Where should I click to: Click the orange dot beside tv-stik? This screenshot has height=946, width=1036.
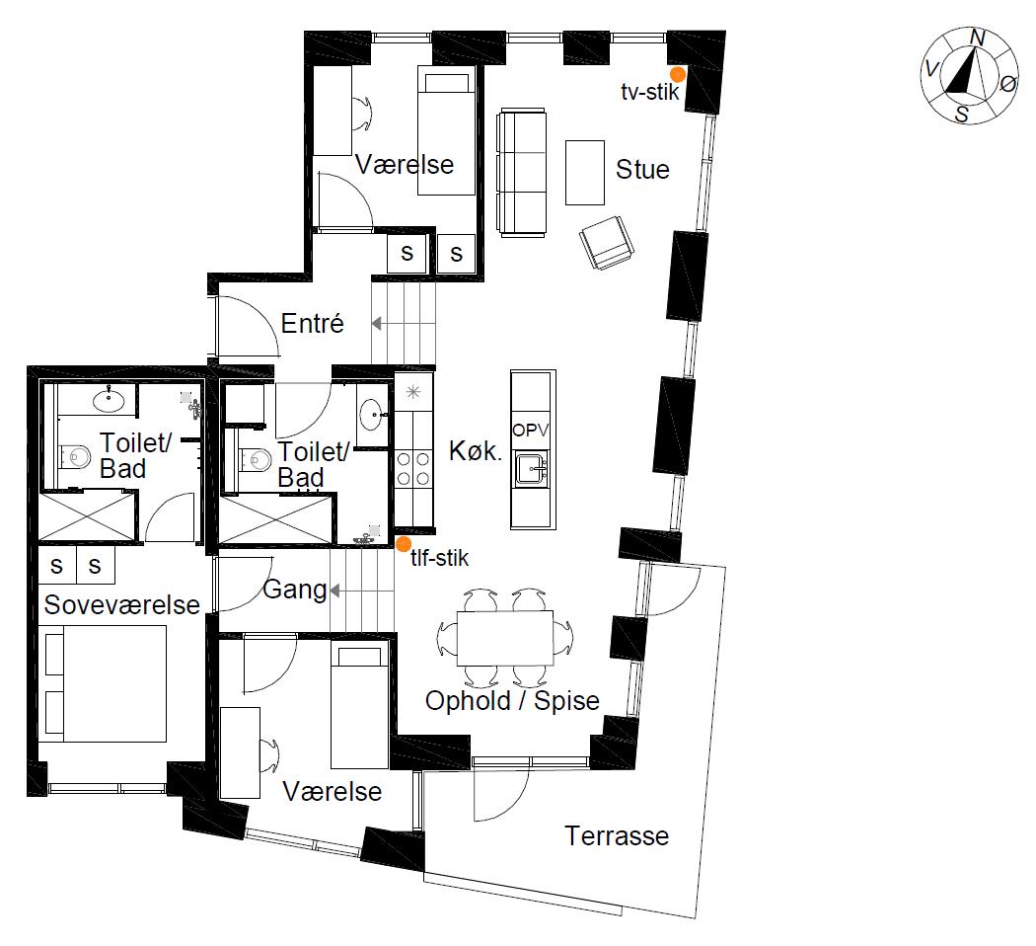678,74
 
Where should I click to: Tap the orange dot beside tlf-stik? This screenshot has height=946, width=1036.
403,544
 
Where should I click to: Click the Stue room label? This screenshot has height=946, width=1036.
642,170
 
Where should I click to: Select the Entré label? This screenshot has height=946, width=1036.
313,323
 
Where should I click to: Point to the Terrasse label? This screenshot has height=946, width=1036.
617,835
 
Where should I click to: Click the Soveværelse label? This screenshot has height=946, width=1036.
121,604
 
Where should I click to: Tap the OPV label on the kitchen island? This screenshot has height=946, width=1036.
531,430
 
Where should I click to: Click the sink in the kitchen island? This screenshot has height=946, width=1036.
532,469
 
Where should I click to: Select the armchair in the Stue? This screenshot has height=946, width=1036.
607,243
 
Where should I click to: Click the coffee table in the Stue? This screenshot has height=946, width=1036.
585,173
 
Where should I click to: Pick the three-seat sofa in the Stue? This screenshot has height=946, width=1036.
521,173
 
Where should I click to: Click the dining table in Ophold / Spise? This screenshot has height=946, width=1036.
505,638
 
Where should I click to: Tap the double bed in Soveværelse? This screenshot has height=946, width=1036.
105,683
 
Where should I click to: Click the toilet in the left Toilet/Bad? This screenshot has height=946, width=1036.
75,456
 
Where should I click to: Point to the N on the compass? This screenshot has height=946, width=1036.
977,39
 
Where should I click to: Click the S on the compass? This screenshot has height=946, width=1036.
961,115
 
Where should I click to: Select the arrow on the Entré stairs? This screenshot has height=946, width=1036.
404,323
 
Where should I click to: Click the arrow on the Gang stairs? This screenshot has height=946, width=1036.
362,591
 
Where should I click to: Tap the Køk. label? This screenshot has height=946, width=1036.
475,451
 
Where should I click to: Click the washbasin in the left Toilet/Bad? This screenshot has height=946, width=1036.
109,400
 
